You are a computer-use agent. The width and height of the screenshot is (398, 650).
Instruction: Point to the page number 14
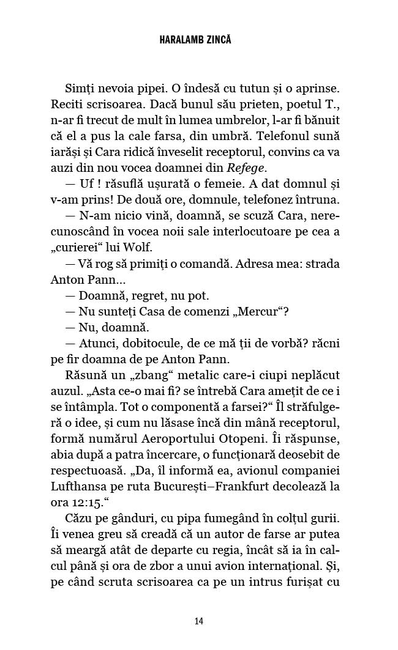[x=198, y=621]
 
